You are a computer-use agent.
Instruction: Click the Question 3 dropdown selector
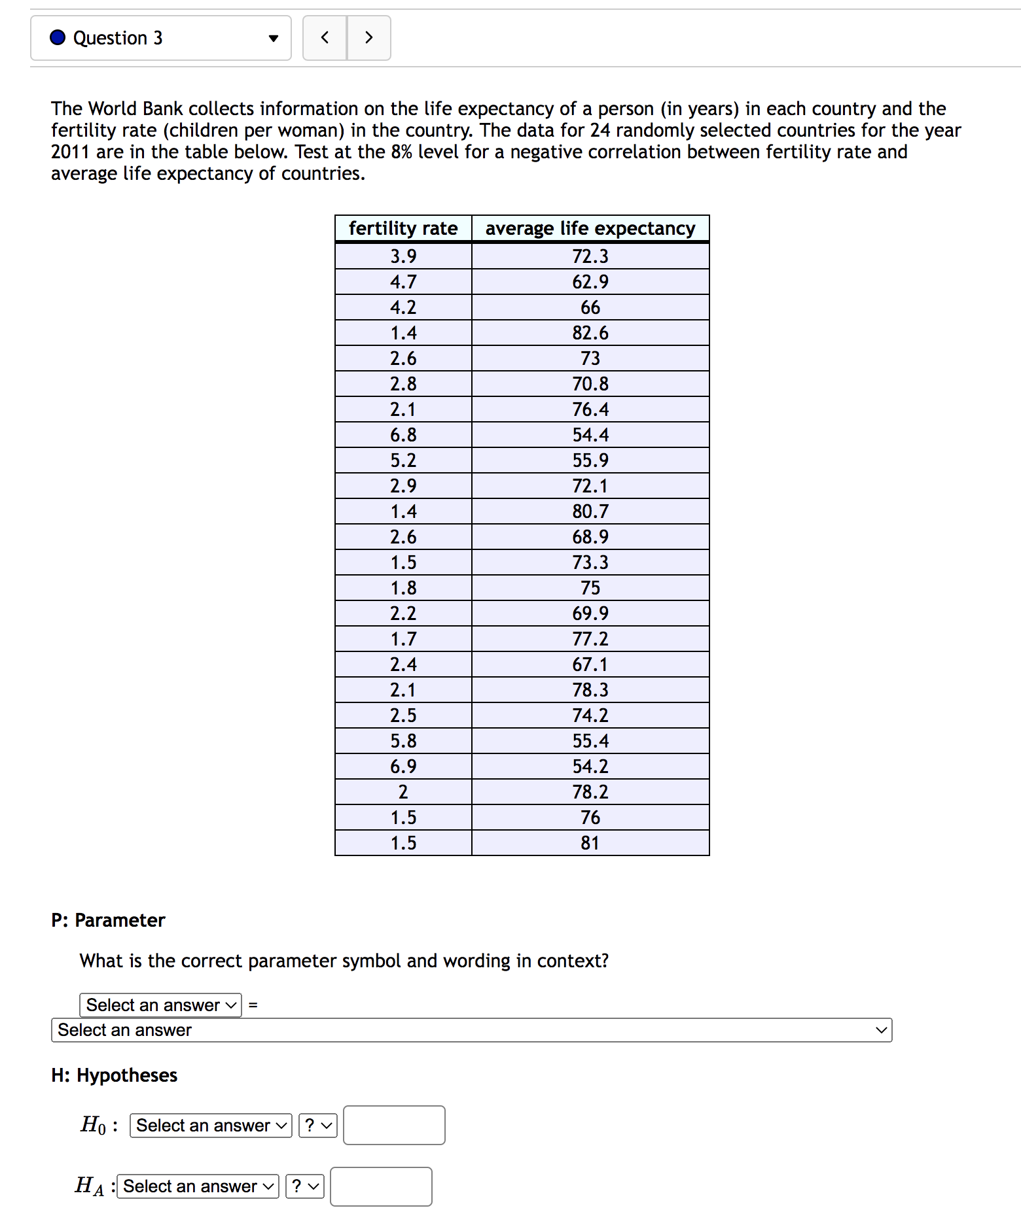click(x=161, y=38)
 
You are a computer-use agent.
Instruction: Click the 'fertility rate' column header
click(x=403, y=228)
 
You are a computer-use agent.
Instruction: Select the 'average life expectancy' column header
click(x=590, y=228)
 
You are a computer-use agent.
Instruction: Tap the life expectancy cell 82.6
click(x=590, y=333)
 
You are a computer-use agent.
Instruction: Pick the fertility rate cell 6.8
click(x=403, y=435)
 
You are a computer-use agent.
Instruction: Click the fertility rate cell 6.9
click(x=403, y=767)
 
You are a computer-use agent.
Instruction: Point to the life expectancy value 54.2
click(x=590, y=767)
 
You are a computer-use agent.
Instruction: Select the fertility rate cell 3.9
click(x=403, y=256)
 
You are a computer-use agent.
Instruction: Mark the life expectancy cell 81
click(x=590, y=843)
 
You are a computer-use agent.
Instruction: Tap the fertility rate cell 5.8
click(x=403, y=741)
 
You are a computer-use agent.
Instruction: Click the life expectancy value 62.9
click(x=590, y=282)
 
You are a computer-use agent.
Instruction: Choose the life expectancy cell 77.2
click(x=590, y=639)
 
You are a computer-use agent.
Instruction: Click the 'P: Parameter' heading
click(x=108, y=920)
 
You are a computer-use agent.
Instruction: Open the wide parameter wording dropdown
click(x=471, y=1030)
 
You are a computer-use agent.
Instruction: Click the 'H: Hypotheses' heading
click(x=115, y=1075)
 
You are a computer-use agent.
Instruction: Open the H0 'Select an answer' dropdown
click(x=211, y=1126)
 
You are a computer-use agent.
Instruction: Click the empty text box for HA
click(x=381, y=1186)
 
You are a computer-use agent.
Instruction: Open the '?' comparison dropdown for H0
click(x=317, y=1126)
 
